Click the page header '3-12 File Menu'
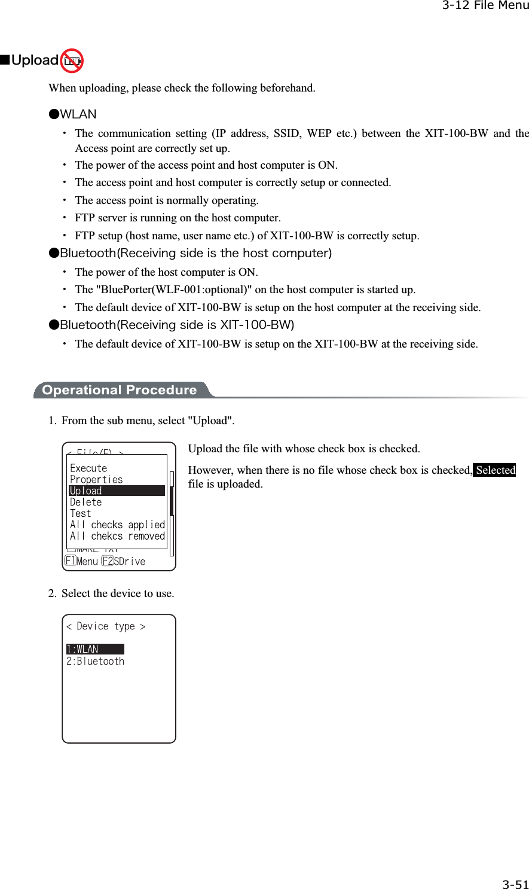pos(485,6)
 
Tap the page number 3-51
pos(515,884)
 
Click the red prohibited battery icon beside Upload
pos(72,60)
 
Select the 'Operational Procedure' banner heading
pos(120,390)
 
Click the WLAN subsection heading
pos(78,114)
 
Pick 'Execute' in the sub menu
pos(88,468)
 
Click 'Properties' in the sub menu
pos(96,479)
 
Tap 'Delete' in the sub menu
pos(86,502)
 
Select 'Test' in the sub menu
pos(81,513)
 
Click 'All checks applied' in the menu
pos(117,525)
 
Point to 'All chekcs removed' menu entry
pos(117,536)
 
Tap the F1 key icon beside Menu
pos(71,561)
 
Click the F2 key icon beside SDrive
pos(108,561)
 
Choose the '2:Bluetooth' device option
pos(96,661)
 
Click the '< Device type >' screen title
pos(106,626)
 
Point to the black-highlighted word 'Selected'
pos(495,470)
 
